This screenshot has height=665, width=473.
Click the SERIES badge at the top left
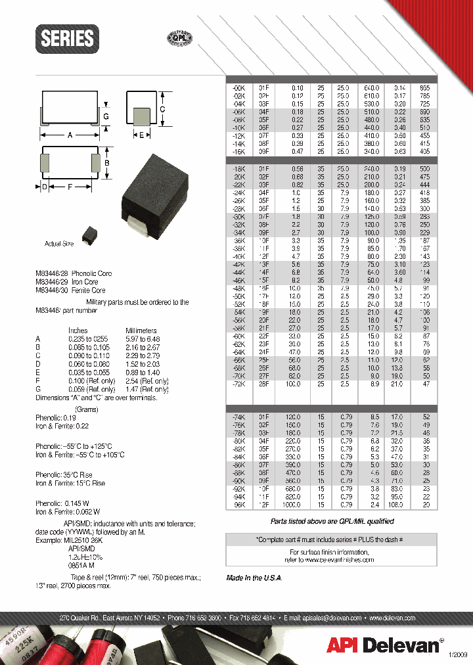tap(68, 38)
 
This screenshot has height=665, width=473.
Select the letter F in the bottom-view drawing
tap(70, 187)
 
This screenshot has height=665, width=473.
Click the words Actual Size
tap(58, 244)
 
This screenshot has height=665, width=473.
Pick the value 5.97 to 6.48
tap(143, 339)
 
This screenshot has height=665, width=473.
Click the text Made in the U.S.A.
tap(254, 577)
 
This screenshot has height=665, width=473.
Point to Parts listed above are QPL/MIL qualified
tap(332, 521)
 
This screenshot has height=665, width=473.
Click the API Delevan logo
tap(384, 645)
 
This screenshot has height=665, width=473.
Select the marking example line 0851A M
tap(81, 564)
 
